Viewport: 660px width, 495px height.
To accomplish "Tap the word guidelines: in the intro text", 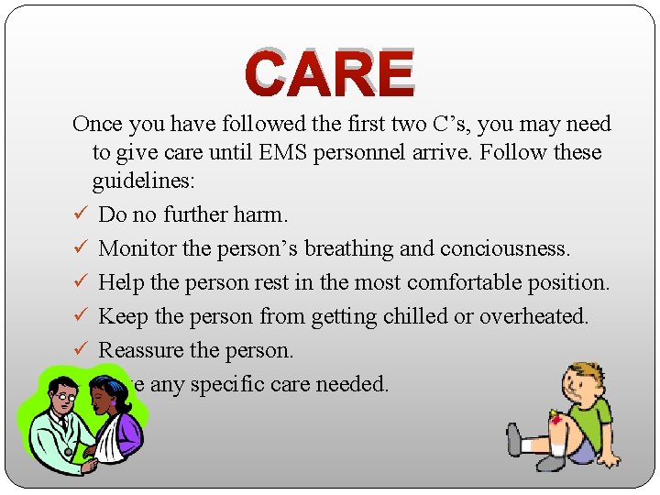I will click(x=143, y=181).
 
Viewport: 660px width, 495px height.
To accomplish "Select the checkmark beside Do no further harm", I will click(x=80, y=214).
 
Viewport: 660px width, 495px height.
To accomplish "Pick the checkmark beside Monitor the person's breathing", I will click(x=80, y=248).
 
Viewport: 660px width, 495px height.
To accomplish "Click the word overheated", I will click(x=544, y=316).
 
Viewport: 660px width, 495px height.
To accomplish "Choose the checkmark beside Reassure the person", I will click(x=80, y=350).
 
